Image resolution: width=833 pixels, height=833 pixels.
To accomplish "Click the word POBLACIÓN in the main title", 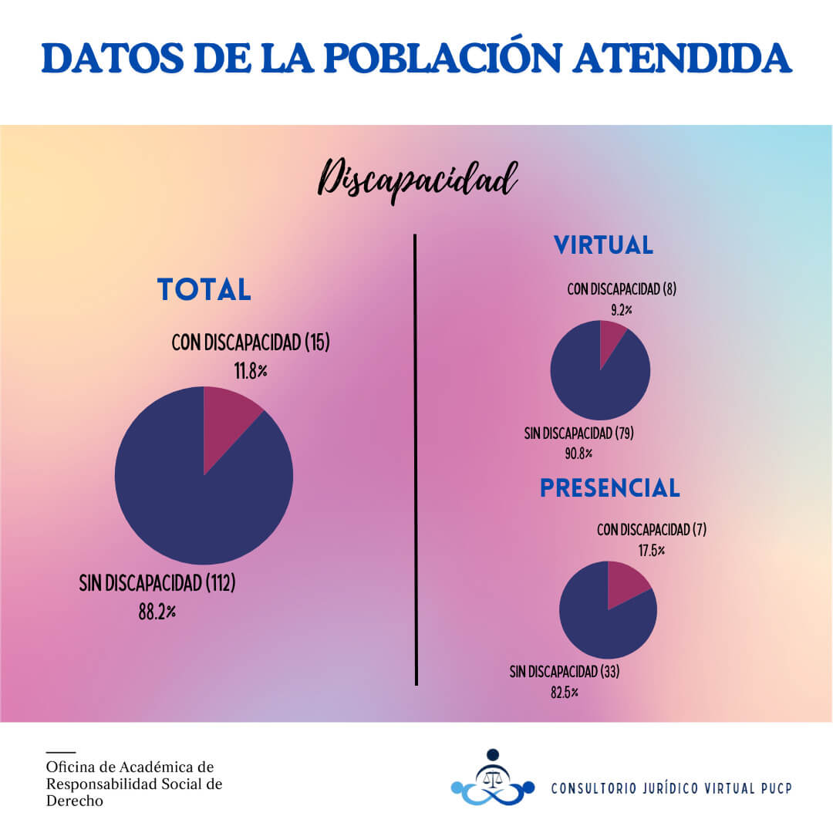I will pyautogui.click(x=436, y=59).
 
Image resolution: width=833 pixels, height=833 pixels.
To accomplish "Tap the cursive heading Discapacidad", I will pyautogui.click(x=417, y=180).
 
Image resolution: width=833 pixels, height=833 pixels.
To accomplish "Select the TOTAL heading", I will pyautogui.click(x=204, y=289).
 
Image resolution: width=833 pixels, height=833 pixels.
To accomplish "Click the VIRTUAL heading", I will pyautogui.click(x=603, y=245).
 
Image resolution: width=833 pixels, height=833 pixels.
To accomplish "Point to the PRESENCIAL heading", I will pyautogui.click(x=609, y=487).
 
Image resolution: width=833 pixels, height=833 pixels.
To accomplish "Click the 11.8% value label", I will pyautogui.click(x=251, y=371).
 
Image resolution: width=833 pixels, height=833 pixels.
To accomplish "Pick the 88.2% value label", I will pyautogui.click(x=157, y=612).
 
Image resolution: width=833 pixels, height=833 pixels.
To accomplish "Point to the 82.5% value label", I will pyautogui.click(x=564, y=692).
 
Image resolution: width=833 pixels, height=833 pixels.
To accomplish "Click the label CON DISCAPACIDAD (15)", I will pyautogui.click(x=251, y=343).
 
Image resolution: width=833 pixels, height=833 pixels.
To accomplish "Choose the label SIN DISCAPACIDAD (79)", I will pyautogui.click(x=578, y=433).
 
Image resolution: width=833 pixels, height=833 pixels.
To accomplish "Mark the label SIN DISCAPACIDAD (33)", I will pyautogui.click(x=564, y=671).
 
